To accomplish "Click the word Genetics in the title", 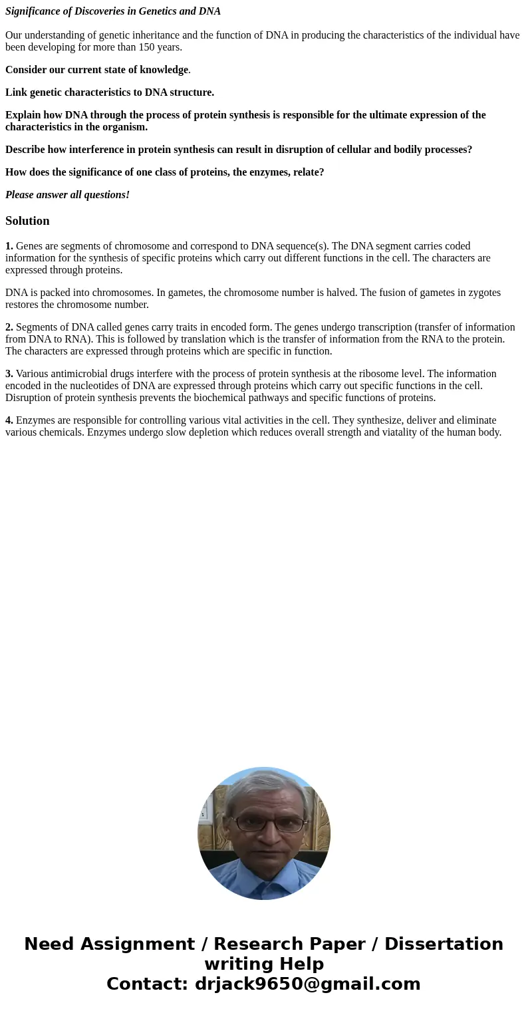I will [158, 11].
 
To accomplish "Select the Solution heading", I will [27, 221].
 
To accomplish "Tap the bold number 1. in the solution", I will [9, 246].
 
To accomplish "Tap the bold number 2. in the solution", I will [9, 327].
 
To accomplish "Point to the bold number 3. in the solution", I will [9, 374].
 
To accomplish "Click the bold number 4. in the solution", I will [9, 420].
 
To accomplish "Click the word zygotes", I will [483, 293].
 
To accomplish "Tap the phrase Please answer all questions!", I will [67, 195].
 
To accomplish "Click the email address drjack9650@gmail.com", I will [307, 984].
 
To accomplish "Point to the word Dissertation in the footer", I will [444, 944].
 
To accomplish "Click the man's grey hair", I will [264, 785].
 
